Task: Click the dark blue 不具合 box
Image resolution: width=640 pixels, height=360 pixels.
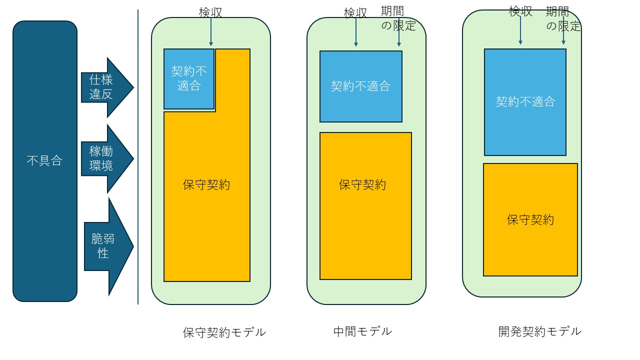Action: click(45, 161)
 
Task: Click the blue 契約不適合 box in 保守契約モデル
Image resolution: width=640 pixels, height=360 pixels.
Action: click(189, 78)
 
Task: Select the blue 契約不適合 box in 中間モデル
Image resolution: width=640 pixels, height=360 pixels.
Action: click(360, 86)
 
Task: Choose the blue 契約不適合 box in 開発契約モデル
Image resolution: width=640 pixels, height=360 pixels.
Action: click(525, 102)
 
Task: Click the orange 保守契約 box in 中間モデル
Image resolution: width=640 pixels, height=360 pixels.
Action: click(365, 205)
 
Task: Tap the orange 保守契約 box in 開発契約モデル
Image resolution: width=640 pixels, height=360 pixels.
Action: click(530, 219)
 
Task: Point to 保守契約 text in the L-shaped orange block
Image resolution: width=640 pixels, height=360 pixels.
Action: click(206, 184)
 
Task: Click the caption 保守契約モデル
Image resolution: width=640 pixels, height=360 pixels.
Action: click(224, 332)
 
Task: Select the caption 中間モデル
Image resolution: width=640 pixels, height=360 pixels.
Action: click(362, 331)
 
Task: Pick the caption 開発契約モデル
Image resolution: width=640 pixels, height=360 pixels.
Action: click(540, 331)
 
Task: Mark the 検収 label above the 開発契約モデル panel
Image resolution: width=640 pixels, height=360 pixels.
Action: click(520, 11)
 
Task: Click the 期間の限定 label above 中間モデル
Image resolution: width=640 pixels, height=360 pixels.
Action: click(398, 18)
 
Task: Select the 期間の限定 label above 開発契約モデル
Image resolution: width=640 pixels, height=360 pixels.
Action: click(563, 18)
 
